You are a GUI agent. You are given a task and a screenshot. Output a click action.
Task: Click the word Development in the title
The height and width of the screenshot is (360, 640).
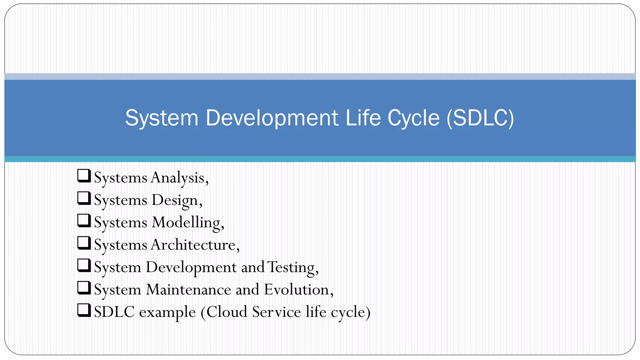272,118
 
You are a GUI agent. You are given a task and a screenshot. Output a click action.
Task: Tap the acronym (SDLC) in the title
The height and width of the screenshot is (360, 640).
480,118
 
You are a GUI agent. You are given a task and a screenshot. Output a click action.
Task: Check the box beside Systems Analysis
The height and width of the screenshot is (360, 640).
84,176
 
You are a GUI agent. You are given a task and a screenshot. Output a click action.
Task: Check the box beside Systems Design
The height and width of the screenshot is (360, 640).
84,198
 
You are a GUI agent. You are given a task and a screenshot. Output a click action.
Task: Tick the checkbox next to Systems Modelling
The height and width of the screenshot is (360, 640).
84,221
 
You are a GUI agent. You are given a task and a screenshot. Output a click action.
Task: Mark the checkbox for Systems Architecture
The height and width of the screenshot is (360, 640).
84,243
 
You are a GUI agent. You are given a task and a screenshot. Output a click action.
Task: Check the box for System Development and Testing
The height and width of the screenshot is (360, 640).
84,266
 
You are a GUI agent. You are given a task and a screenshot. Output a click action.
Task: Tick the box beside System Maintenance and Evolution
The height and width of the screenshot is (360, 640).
84,288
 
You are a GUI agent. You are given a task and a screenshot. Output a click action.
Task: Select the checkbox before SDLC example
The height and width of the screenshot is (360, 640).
84,310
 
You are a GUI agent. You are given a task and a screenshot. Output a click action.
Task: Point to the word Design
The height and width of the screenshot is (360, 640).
175,200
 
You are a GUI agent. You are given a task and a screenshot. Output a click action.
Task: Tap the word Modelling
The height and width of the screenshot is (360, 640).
186,223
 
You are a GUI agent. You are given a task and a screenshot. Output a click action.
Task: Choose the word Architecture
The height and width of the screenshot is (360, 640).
193,245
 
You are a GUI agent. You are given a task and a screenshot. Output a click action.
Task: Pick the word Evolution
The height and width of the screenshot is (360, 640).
297,290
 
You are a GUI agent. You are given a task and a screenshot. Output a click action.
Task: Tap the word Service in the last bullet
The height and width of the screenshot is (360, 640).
276,312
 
